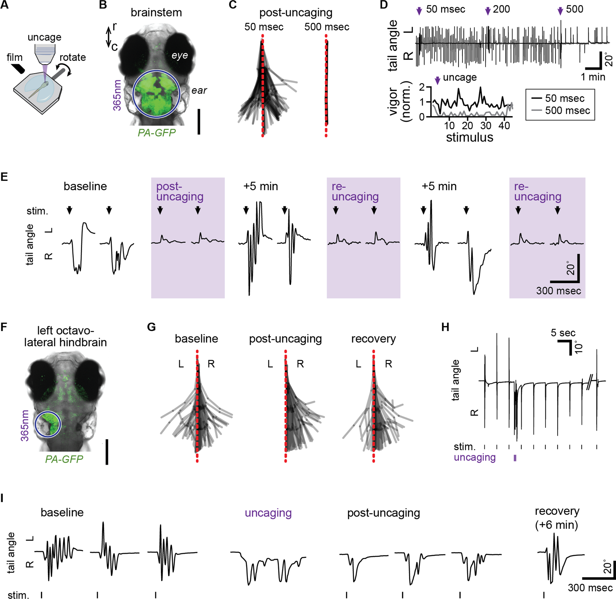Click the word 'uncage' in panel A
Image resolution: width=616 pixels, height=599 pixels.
pos(44,38)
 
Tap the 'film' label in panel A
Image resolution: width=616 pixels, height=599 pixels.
pos(14,58)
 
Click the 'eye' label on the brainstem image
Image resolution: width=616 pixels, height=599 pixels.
pos(180,55)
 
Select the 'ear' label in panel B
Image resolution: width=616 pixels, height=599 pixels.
pos(199,91)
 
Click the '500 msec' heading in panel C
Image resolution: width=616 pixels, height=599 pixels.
pos(326,27)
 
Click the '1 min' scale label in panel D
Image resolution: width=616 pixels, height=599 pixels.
pos(593,77)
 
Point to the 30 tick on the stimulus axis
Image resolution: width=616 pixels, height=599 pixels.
pos(486,126)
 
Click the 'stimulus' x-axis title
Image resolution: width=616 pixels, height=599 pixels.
pos(469,137)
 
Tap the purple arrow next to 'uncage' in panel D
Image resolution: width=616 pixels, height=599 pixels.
pos(437,81)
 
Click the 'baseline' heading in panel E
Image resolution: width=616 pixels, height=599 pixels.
pos(85,186)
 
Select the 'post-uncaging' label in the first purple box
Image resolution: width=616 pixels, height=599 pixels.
pos(180,192)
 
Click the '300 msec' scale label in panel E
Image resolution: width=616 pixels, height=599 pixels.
pos(559,291)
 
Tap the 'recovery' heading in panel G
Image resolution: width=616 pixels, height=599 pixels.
pos(373,339)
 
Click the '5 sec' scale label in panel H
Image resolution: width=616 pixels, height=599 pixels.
pos(563,333)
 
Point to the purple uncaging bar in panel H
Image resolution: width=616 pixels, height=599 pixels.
pos(515,458)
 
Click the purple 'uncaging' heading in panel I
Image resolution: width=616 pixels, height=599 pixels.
pos(268,513)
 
